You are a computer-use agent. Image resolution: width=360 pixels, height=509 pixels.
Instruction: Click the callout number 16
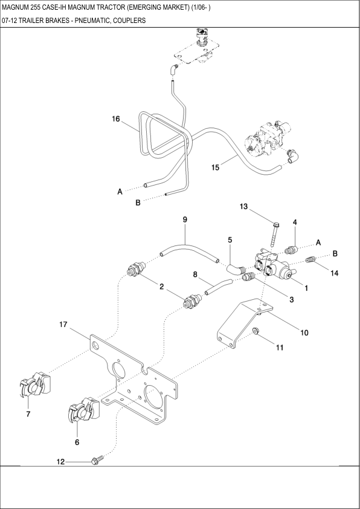point(116,119)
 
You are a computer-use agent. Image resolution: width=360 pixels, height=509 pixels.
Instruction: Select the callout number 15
point(216,167)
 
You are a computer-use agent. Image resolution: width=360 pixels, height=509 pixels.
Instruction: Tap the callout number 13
point(243,207)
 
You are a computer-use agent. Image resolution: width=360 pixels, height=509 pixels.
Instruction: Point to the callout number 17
point(63,324)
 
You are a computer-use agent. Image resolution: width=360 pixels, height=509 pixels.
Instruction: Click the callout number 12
point(60,462)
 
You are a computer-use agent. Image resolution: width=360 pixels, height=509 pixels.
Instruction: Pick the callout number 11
point(280,348)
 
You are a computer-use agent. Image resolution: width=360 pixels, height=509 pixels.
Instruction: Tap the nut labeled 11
point(255,331)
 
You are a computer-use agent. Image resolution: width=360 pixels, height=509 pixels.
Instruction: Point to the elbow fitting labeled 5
point(235,269)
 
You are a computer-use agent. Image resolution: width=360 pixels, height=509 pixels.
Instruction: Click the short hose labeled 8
point(219,287)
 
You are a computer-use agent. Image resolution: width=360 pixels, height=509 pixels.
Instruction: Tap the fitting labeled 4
point(291,250)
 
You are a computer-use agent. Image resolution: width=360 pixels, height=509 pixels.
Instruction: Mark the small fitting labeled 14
point(310,259)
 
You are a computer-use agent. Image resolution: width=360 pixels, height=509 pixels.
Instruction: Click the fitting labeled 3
point(249,277)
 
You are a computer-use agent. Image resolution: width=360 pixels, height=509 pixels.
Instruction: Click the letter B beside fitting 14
point(335,253)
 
